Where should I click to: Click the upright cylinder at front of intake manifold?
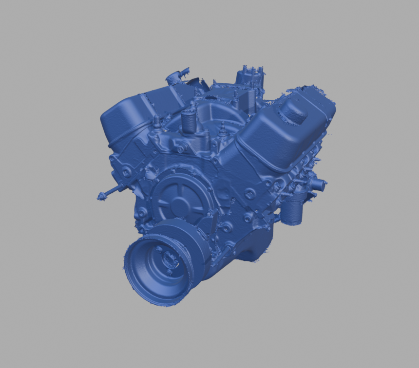click(x=189, y=123)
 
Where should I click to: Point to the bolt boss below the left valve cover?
click(x=126, y=171)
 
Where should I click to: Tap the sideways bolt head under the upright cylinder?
click(x=181, y=148)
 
